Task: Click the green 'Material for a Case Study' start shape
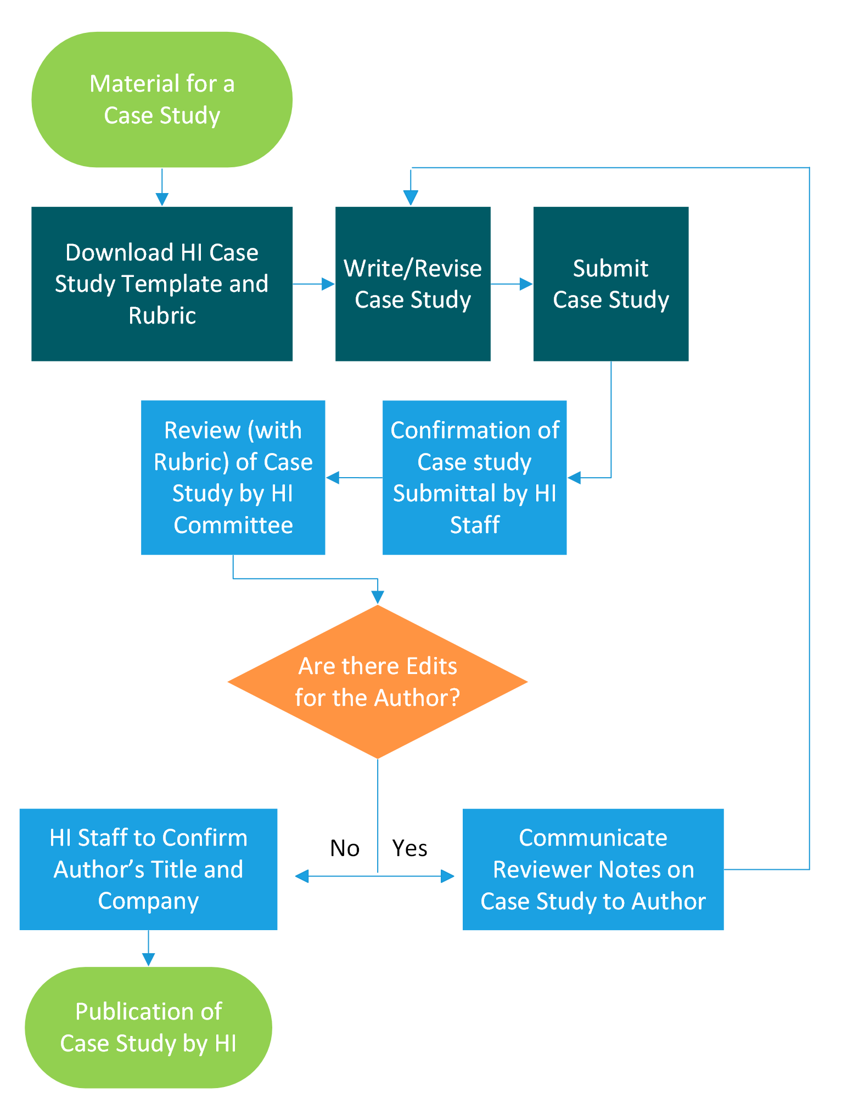(162, 99)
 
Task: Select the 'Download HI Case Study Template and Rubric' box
(162, 284)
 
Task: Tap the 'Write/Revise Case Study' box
(413, 284)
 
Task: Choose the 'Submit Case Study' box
(610, 284)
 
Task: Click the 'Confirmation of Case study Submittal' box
(474, 477)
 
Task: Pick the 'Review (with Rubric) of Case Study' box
(233, 477)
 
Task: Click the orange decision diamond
(378, 682)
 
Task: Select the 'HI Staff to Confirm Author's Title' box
(148, 869)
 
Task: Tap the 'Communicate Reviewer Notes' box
(593, 869)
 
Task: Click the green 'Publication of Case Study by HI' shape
(148, 1027)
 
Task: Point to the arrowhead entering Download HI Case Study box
(162, 199)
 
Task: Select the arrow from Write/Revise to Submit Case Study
(512, 284)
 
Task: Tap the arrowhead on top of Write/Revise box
(411, 197)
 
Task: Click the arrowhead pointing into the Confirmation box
(575, 478)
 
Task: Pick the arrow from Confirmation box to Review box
(354, 478)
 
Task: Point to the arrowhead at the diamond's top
(378, 597)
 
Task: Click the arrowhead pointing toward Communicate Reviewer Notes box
(447, 876)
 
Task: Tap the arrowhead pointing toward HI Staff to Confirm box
(302, 876)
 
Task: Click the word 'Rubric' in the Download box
(162, 315)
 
